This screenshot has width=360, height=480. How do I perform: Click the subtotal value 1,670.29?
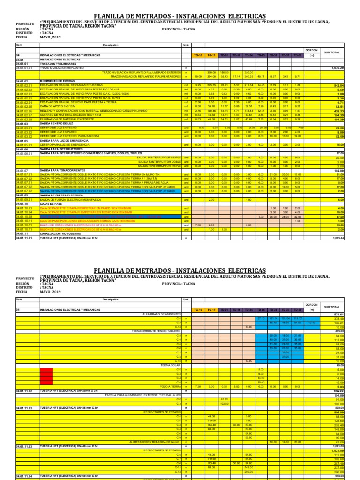(337, 68)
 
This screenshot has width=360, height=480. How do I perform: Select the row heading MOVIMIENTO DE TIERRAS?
(56, 81)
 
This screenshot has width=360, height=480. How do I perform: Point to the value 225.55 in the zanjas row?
(211, 85)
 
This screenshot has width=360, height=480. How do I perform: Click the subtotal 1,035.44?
(337, 238)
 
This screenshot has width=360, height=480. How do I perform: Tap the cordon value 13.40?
(311, 322)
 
